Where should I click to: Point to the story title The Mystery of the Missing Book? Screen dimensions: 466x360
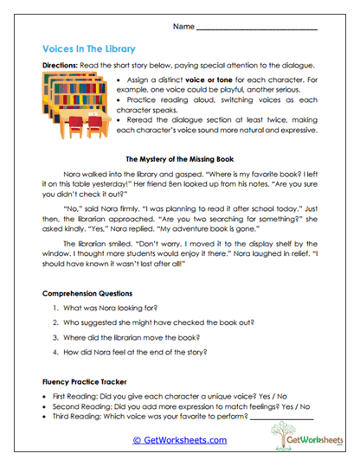pyautogui.click(x=179, y=160)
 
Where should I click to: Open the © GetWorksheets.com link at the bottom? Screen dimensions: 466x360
pyautogui.click(x=179, y=440)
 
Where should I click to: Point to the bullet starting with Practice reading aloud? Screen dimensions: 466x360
pyautogui.click(x=216, y=106)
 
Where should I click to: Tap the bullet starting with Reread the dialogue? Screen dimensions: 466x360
pyautogui.click(x=216, y=128)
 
